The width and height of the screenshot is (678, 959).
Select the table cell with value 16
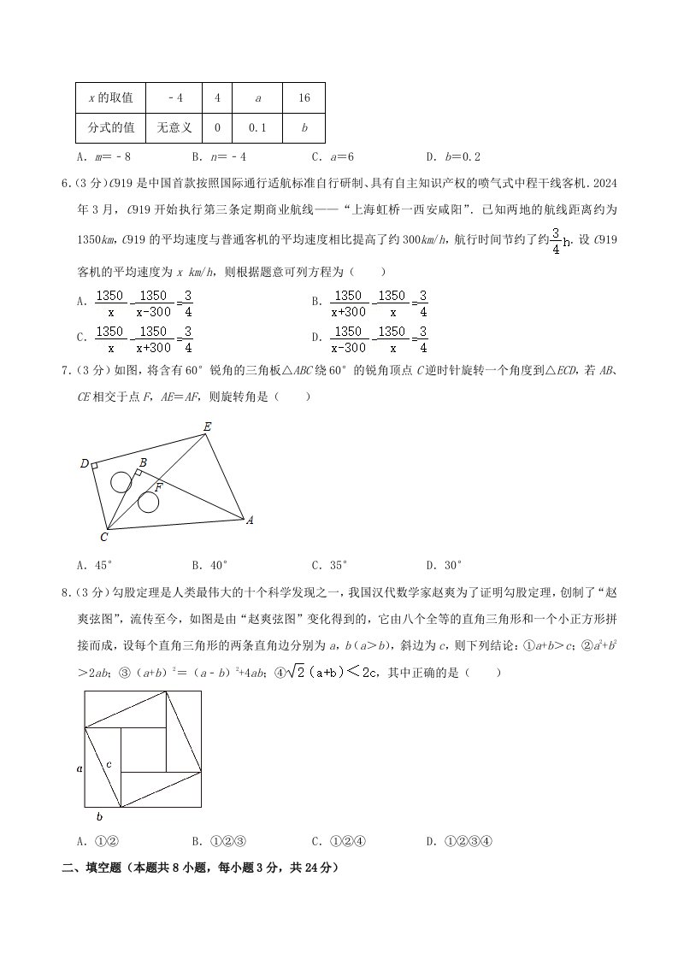click(304, 98)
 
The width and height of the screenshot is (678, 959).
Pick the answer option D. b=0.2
click(453, 157)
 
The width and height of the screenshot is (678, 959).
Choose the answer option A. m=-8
click(103, 157)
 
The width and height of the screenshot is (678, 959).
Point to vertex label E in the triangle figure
click(207, 426)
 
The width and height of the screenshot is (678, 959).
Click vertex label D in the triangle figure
click(85, 464)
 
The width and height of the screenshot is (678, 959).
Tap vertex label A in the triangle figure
click(250, 520)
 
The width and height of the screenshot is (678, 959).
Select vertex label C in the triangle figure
click(103, 537)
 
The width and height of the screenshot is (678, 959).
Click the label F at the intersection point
click(159, 486)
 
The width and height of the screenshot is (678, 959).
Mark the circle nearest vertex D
click(121, 482)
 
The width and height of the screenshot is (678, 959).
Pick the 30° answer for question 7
click(444, 564)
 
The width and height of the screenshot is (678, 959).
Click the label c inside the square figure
click(109, 763)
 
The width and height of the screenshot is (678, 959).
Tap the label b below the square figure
click(99, 816)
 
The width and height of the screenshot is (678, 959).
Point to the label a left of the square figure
click(80, 769)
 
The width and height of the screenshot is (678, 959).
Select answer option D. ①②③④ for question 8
click(460, 842)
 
